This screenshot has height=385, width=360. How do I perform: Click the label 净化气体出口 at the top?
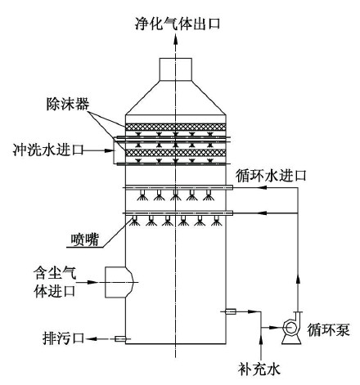coord(178,24)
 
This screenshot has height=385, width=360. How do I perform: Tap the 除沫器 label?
coord(68,104)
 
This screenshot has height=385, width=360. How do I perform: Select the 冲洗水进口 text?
coord(48,150)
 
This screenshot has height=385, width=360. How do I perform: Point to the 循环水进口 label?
coord(271,176)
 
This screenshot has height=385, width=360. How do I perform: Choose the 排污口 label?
coord(63,338)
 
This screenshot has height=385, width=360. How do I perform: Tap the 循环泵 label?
coord(328,330)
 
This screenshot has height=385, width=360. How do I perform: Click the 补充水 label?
coord(259,369)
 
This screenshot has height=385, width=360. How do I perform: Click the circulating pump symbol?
coord(291,328)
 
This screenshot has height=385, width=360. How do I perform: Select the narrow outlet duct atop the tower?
coord(176,69)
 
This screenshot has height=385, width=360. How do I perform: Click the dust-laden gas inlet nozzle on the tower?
coord(119,282)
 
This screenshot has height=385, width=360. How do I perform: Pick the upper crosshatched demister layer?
coord(176,127)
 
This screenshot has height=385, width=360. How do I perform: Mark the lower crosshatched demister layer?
coord(176,153)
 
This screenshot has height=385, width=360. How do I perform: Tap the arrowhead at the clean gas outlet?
coord(176,40)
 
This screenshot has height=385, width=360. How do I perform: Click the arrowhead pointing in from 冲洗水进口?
coord(108,150)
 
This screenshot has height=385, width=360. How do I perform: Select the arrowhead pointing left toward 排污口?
coord(91,339)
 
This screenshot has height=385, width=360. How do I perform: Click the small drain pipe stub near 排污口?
coord(120,339)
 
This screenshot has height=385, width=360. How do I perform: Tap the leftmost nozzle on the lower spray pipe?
coord(134,221)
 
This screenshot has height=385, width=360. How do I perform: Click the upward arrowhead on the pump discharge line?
coord(298,280)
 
